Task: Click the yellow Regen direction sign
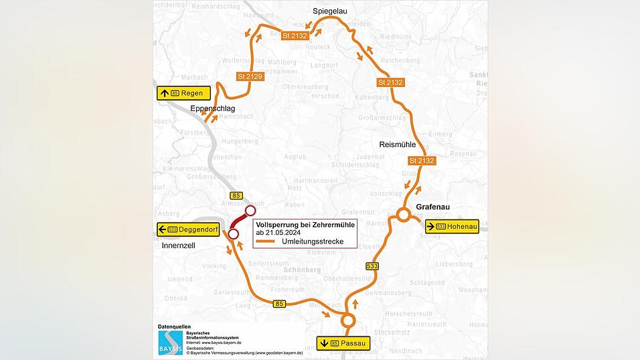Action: tap(184, 93)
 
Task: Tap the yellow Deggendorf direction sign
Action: tap(188, 230)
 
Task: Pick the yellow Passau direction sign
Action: tap(343, 343)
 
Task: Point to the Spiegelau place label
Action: tap(330, 11)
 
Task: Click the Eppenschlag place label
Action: tap(212, 108)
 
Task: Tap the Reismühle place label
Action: tap(398, 145)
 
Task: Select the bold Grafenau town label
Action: tap(435, 207)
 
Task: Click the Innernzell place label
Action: tap(179, 246)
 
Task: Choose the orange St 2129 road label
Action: tap(250, 77)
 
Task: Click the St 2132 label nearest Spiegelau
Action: tap(295, 35)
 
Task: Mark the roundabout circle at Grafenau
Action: tap(403, 215)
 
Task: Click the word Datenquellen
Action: tap(174, 327)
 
